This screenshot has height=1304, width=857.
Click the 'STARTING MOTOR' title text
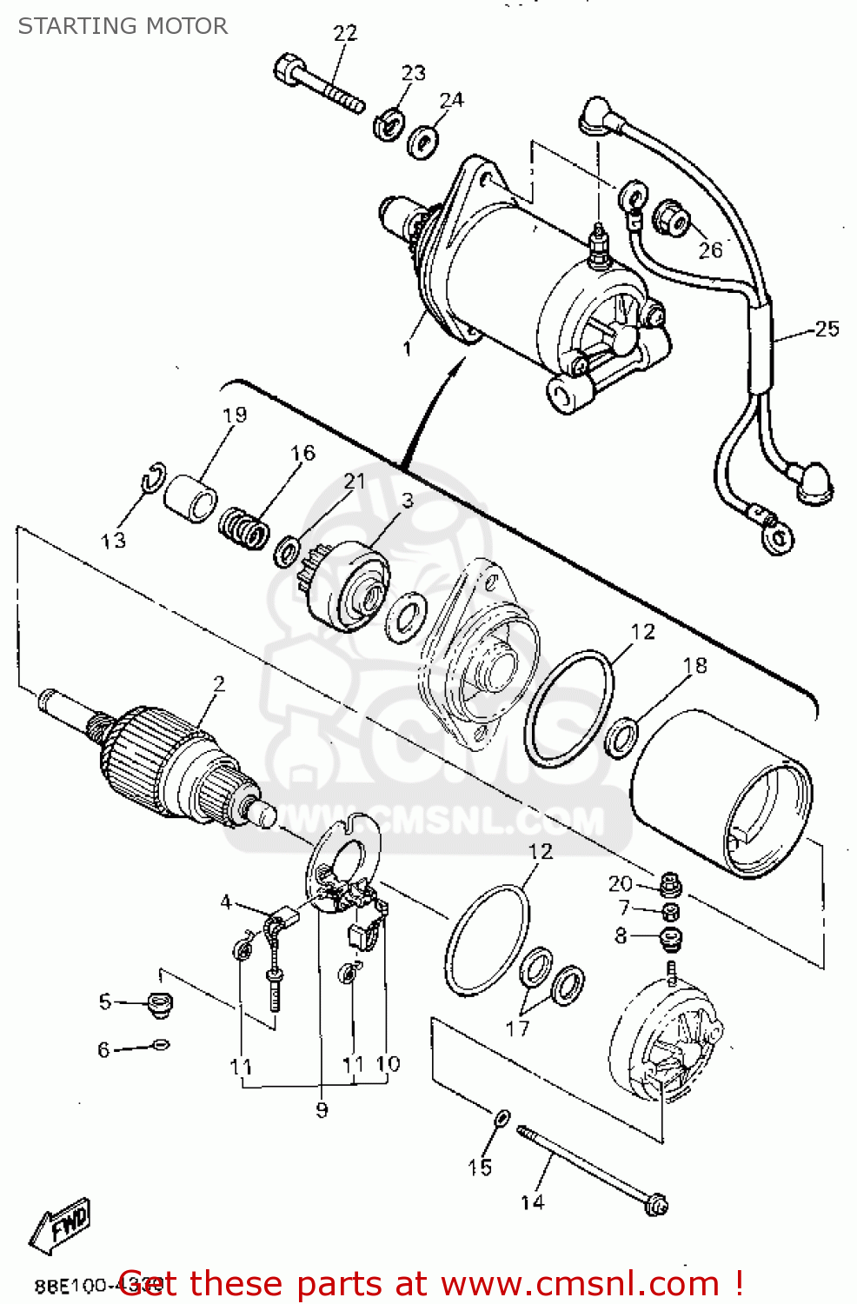tap(123, 26)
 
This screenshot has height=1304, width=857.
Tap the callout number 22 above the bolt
tap(345, 33)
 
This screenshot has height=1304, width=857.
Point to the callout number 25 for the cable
tap(826, 329)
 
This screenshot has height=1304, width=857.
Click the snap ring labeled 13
tap(153, 477)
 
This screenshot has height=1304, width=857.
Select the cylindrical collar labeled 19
tap(191, 498)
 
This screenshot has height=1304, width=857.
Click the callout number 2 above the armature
tap(219, 683)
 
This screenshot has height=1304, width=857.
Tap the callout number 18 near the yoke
tap(694, 665)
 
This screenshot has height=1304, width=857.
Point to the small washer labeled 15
tap(502, 1117)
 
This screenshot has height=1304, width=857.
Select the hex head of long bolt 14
tap(656, 1205)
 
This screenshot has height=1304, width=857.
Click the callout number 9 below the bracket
tap(322, 1109)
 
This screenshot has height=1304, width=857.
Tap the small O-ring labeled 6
tap(161, 1044)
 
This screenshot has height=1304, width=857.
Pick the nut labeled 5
tap(159, 1004)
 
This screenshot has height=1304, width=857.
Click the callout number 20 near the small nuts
tap(620, 883)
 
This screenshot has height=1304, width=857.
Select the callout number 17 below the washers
tap(517, 1028)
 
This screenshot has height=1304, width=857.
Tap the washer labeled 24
tap(423, 141)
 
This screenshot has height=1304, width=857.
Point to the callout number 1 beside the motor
tap(407, 348)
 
